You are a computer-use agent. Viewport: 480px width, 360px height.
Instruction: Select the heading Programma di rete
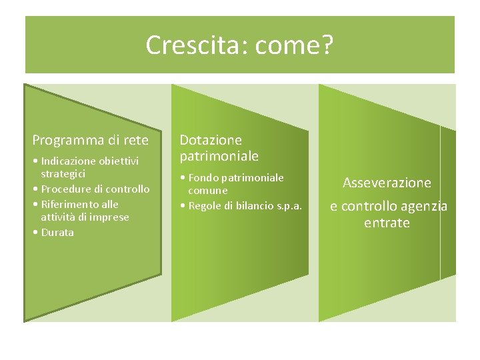pos(91,140)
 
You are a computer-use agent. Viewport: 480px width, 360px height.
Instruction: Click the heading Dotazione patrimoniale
pos(218,148)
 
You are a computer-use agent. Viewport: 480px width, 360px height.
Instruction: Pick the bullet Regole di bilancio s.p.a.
pos(241,205)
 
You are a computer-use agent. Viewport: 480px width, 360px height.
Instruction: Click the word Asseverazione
pos(387,183)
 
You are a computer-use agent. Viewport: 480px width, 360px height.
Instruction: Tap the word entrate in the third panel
pos(387,223)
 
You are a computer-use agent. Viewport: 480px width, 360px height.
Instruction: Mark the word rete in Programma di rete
pos(135,140)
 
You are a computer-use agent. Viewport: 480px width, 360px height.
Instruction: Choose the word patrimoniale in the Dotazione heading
pos(219,157)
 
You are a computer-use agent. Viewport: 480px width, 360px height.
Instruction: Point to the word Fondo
pos(204,177)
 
